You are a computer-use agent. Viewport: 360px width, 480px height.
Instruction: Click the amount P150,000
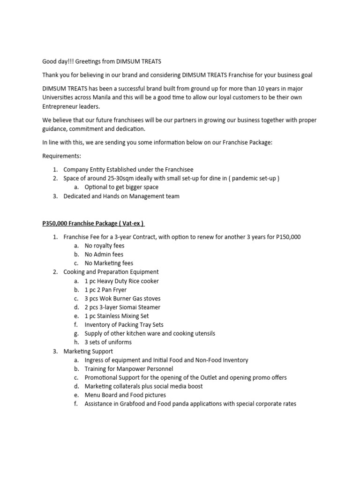click(x=284, y=237)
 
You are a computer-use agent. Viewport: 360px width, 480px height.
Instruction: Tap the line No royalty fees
click(x=105, y=246)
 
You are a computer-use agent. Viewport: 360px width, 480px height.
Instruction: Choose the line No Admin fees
click(x=104, y=255)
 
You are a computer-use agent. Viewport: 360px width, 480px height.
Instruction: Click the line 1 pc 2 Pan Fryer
click(x=105, y=290)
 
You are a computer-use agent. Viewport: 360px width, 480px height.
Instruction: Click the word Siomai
click(x=126, y=307)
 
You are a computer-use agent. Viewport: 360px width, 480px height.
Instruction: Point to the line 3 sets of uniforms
click(x=108, y=342)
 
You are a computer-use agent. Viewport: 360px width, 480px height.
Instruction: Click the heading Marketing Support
click(x=88, y=351)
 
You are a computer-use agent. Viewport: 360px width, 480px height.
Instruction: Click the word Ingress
click(x=95, y=360)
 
